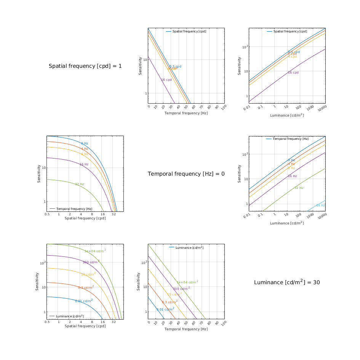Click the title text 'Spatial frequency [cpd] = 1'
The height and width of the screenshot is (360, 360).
click(85, 66)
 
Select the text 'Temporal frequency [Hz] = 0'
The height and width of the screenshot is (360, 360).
click(186, 174)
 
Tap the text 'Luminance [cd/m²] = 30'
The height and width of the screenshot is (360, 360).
click(286, 282)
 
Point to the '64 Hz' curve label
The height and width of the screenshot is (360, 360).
click(321, 205)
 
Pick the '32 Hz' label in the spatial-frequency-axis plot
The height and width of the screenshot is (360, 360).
click(79, 184)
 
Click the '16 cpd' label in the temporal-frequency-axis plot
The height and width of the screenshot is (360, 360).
click(166, 80)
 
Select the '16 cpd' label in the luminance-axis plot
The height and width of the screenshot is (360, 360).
click(293, 72)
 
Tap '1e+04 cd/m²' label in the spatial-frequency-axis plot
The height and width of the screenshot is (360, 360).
click(95, 251)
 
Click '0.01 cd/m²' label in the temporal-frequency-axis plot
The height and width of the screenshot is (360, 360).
click(165, 309)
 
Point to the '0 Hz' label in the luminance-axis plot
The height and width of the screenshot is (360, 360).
click(291, 160)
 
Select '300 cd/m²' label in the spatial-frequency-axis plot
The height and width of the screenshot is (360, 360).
click(91, 262)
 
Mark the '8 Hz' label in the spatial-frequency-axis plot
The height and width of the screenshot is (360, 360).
click(84, 154)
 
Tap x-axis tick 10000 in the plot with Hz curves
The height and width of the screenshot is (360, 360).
click(322, 216)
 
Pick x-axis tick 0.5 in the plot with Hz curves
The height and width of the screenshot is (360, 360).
click(47, 214)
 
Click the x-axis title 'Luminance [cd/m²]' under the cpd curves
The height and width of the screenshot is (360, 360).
click(287, 115)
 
